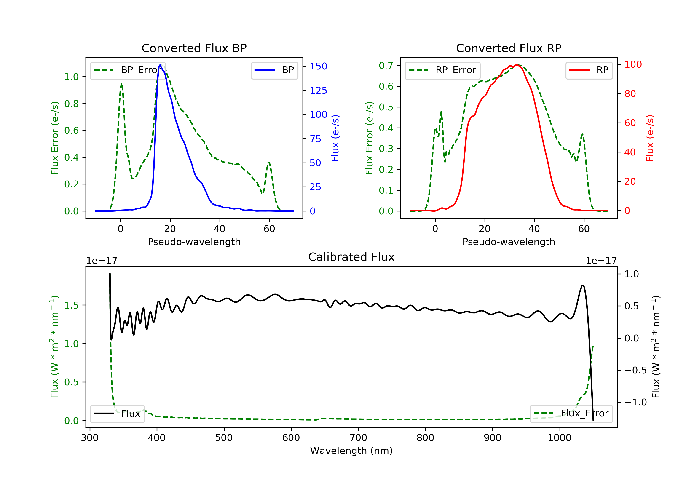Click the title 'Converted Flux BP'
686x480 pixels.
(194, 48)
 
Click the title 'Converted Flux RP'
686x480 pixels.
(509, 48)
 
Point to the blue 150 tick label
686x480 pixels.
(318, 66)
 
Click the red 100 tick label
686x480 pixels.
(633, 64)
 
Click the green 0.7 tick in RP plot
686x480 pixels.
(386, 65)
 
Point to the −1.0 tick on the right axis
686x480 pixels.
(635, 402)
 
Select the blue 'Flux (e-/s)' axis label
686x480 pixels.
(335, 138)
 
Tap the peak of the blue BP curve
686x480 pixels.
(160, 65)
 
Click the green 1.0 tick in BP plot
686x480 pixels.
(71, 77)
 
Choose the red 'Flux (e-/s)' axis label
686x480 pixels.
(650, 138)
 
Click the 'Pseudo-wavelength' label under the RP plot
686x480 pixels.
(509, 242)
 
